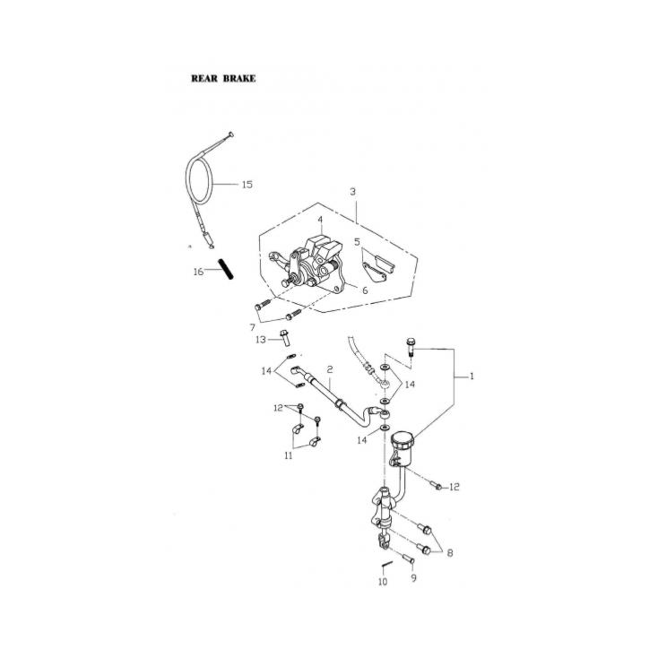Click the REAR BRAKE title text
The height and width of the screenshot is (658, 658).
[x=223, y=79]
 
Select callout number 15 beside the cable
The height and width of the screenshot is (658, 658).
[x=247, y=185]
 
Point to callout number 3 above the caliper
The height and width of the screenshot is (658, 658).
[x=352, y=192]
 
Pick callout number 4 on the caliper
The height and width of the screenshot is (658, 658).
[x=319, y=220]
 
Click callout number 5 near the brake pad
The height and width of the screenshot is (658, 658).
[x=357, y=242]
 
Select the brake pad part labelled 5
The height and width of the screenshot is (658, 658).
[x=377, y=266]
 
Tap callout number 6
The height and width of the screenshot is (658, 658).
[x=365, y=290]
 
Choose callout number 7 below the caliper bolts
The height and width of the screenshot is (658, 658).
[x=252, y=327]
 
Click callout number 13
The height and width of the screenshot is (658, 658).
[x=260, y=340]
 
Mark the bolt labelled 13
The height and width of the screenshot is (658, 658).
[x=283, y=338]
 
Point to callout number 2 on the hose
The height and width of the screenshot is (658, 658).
[x=330, y=369]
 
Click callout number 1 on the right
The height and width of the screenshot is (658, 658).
[x=472, y=377]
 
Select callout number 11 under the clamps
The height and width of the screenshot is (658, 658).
[x=289, y=455]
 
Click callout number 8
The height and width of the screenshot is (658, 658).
[x=449, y=553]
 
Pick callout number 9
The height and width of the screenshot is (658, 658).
[x=414, y=578]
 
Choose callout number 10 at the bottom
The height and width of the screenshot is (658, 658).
[x=383, y=582]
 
